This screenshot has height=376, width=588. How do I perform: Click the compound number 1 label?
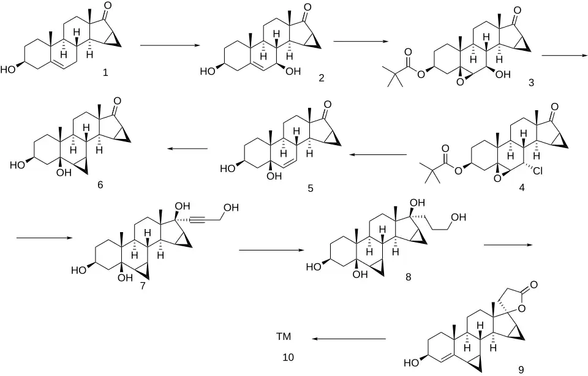coord(105,72)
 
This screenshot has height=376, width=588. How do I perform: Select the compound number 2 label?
coord(322,78)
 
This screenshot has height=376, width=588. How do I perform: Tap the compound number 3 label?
coord(531,83)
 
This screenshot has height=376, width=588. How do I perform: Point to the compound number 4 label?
coord(522,187)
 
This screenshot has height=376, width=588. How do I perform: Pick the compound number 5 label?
coord(311,188)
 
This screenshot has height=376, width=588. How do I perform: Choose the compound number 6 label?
coord(100,185)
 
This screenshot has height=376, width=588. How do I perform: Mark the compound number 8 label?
coord(408,277)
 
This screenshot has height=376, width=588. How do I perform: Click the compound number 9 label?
coord(521,370)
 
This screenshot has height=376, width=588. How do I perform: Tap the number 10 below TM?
coord(288,357)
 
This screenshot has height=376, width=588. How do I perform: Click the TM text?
coord(284,337)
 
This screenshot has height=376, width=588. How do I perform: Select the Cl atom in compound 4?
coord(537,171)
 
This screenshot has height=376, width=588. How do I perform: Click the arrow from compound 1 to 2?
coord(169,45)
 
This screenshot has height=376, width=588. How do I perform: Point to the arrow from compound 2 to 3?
coord(361,42)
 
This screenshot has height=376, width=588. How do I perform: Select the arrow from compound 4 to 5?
coord(378,154)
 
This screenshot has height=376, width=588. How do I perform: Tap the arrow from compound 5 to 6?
coord(187,149)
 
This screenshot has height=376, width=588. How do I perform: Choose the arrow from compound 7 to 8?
coord(271,250)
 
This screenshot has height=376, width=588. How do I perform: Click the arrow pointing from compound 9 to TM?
coord(350,339)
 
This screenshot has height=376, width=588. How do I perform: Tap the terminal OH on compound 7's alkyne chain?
coord(231,208)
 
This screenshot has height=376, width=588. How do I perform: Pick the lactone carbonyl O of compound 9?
coord(533,285)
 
